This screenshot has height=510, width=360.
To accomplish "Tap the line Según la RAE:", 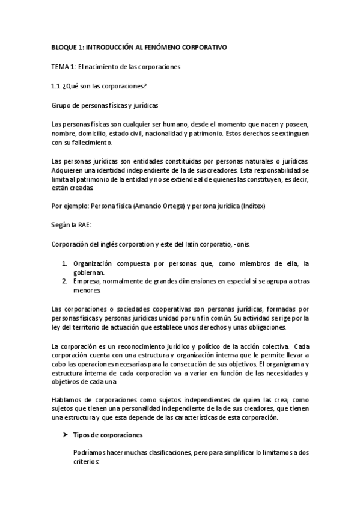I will click(x=72, y=225).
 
